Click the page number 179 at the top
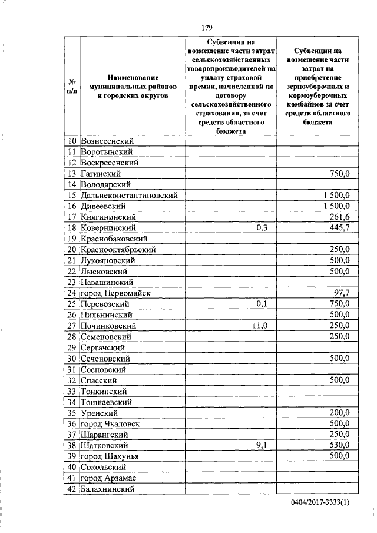tap(206, 28)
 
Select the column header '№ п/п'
tap(71, 85)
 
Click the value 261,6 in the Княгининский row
tap(339, 217)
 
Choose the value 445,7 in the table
tap(339, 227)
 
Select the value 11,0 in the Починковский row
tap(260, 326)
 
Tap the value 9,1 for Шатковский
tap(262, 445)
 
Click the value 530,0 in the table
tap(339, 445)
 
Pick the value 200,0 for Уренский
tap(339, 413)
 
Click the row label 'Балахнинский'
tap(109, 489)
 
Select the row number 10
tap(71, 141)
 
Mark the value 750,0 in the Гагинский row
tap(339, 173)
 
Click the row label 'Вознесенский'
tap(108, 141)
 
